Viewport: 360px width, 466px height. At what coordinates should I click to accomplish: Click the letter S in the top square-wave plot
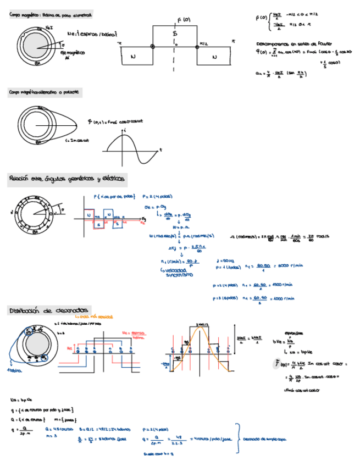175,34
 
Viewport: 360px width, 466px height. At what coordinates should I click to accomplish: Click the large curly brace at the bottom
237,439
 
